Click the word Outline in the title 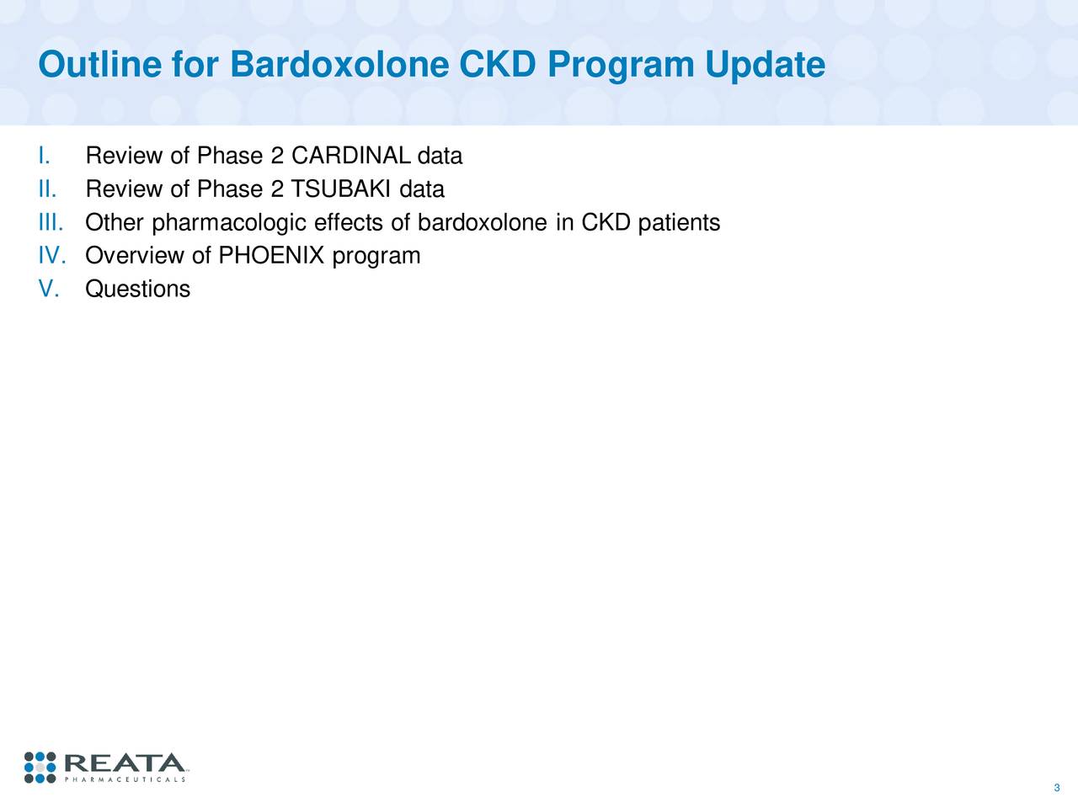[101, 65]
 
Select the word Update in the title [765, 65]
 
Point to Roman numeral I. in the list [45, 157]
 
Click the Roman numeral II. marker [47, 189]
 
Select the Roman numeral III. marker [51, 223]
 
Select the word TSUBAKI [341, 189]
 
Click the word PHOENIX [271, 256]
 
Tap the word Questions [138, 290]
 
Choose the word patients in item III [679, 223]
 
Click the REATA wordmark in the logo [124, 763]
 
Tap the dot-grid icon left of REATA [40, 767]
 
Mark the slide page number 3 [1056, 788]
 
